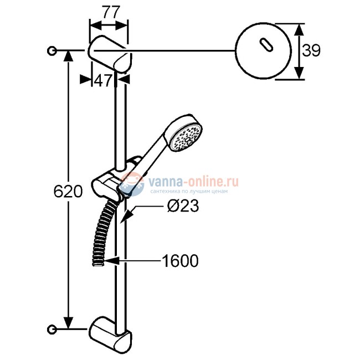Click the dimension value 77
(109, 13)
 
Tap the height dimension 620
(68, 192)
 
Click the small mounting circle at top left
(53, 51)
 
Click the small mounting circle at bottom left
(53, 329)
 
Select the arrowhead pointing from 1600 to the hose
(111, 259)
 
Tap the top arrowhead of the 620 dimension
(68, 56)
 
